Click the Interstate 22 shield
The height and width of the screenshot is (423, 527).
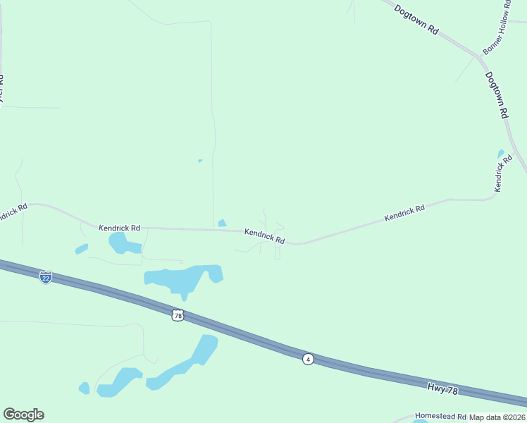click(46, 277)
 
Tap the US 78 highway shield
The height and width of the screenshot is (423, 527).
click(178, 314)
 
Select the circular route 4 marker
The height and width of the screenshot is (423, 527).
click(308, 360)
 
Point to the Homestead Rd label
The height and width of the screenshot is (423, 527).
click(440, 417)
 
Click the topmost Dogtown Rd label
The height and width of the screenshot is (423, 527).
click(416, 21)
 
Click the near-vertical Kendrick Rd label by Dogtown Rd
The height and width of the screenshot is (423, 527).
click(502, 175)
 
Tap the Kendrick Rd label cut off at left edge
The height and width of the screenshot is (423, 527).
click(12, 212)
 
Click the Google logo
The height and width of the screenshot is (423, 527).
click(23, 415)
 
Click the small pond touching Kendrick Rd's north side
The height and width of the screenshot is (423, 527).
click(223, 223)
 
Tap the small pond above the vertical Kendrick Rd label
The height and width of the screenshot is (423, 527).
click(501, 153)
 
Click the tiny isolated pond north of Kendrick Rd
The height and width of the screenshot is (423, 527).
click(200, 161)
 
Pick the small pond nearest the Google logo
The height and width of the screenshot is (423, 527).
click(85, 388)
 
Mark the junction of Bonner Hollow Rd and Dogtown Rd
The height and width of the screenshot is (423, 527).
click(482, 56)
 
